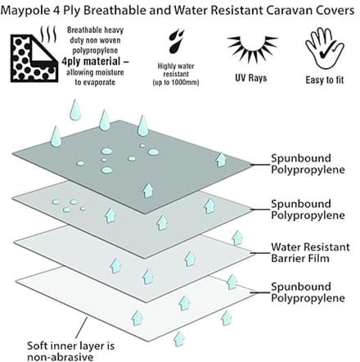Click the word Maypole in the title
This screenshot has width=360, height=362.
[x=25, y=11]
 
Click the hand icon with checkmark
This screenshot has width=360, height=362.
[x=325, y=48]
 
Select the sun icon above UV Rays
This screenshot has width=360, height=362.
[x=251, y=48]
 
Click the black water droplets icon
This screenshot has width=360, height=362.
[x=176, y=41]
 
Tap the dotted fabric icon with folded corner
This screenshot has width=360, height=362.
[x=34, y=58]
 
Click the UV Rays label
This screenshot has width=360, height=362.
[x=251, y=78]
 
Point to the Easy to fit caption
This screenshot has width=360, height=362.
[x=325, y=80]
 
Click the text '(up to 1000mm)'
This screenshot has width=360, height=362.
[x=176, y=82]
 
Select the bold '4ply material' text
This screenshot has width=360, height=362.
[x=95, y=61]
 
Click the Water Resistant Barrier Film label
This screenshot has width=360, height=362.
[x=310, y=252]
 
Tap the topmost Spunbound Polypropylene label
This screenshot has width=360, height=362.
[x=308, y=164]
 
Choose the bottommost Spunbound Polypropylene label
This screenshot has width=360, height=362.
[x=308, y=292]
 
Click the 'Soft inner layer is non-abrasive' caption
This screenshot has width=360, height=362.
[x=70, y=351]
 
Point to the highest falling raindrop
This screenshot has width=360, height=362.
[x=75, y=110]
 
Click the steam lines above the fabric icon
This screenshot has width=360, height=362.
[x=48, y=34]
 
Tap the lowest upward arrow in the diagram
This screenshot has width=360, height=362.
[x=179, y=339]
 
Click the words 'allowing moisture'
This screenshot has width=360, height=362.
[x=95, y=72]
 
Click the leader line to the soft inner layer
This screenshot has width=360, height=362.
[x=81, y=328]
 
